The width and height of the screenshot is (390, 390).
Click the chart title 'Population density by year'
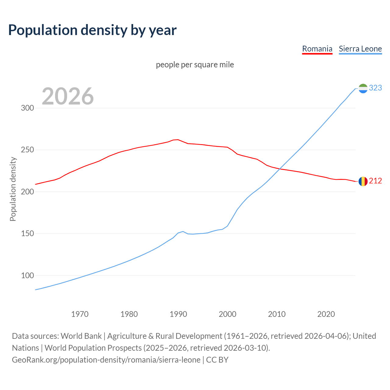click(x=92, y=30)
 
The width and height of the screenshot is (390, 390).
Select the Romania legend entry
click(x=317, y=49)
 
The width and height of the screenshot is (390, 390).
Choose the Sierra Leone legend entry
click(x=360, y=49)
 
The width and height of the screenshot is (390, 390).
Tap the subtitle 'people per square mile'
click(x=195, y=65)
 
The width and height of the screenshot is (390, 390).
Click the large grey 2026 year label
click(x=68, y=96)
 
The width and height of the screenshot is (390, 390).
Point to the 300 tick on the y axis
click(x=27, y=108)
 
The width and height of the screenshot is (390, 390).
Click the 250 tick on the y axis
click(x=27, y=150)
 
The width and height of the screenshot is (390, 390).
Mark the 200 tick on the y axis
click(x=27, y=192)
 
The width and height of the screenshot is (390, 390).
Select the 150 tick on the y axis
click(x=27, y=234)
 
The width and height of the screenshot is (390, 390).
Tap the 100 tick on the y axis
click(x=27, y=276)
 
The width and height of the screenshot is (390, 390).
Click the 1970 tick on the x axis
click(x=80, y=314)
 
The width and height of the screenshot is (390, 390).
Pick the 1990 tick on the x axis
click(x=178, y=314)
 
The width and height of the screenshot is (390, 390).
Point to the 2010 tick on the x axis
click(x=277, y=314)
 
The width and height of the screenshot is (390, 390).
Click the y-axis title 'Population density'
click(x=13, y=189)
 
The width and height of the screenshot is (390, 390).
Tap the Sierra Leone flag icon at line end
click(x=363, y=88)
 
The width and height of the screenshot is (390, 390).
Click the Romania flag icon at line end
click(x=363, y=181)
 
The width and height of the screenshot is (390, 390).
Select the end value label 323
click(x=375, y=88)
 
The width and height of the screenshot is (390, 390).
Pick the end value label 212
click(x=375, y=181)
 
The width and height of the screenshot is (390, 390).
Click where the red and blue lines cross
click(x=279, y=169)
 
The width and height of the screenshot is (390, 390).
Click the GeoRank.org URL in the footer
click(x=106, y=360)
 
